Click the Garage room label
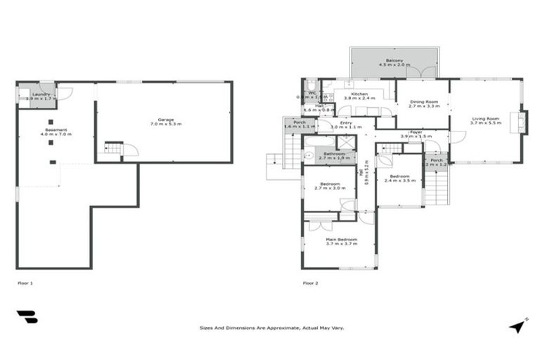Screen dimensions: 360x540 click(166, 119)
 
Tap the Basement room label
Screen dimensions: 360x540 click(56, 129)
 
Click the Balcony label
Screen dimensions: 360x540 click(394, 60)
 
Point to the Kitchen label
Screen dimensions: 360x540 click(359, 94)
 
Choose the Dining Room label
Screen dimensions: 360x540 click(424, 102)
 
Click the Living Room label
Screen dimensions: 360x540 click(486, 117)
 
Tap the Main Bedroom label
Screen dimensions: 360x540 click(341, 240)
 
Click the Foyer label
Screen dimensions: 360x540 click(416, 131)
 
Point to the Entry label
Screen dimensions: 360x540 click(346, 123)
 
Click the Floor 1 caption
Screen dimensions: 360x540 click(25, 283)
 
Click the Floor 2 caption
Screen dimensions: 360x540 click(310, 283)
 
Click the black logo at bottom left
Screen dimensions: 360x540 click(27, 316)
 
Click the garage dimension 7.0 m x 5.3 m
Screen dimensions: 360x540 click(166, 124)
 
